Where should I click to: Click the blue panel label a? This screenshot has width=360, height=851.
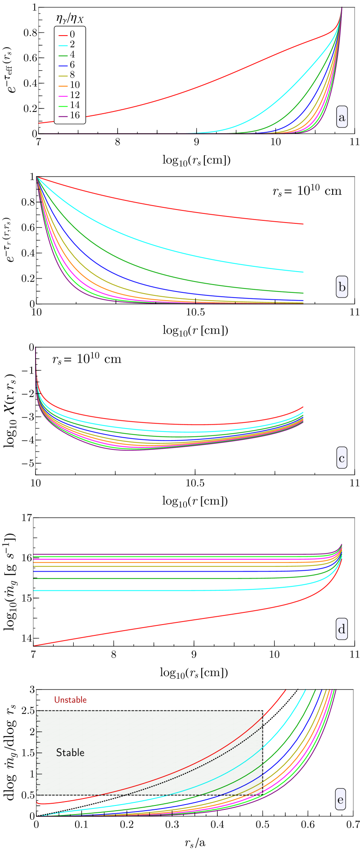(x=342, y=118)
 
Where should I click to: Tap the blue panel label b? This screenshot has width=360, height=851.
(x=342, y=287)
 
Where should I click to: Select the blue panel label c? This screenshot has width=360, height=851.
(x=342, y=458)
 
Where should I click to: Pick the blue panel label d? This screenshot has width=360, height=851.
(x=342, y=629)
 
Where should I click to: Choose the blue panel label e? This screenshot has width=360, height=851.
(x=340, y=799)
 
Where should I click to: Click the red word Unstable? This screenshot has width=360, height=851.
(x=70, y=700)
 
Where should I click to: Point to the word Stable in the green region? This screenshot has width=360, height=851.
(x=70, y=753)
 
